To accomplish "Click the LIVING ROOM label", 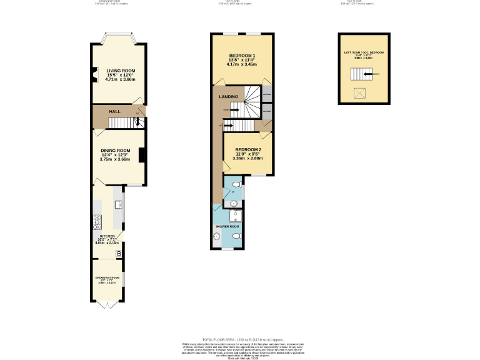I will (120, 71).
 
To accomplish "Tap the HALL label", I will (115, 111).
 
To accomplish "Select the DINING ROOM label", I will (115, 150).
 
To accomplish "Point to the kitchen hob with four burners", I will (97, 220).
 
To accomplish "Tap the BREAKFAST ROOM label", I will (107, 276).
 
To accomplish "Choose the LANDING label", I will (227, 97).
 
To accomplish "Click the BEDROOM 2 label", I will (248, 150).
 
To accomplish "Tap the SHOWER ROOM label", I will (227, 226).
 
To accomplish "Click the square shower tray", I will (235, 216).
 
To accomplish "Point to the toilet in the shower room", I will (236, 237).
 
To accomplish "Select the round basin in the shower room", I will (217, 236).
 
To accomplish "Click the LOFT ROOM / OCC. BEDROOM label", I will (364, 52).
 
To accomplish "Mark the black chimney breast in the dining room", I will (142, 154).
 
